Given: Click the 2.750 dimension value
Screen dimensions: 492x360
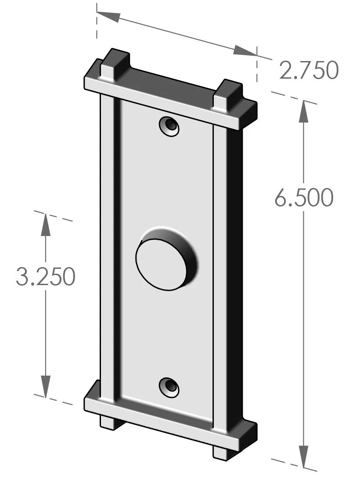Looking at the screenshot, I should pyautogui.click(x=309, y=71).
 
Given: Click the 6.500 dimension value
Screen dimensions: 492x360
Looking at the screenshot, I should pyautogui.click(x=304, y=198).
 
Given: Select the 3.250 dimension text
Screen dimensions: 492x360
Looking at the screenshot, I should pyautogui.click(x=45, y=277).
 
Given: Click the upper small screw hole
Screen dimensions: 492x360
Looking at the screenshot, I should pyautogui.click(x=169, y=126).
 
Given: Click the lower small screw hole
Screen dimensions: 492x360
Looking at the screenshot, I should pyautogui.click(x=169, y=387).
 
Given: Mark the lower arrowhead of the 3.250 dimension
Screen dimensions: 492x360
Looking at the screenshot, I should pyautogui.click(x=46, y=387).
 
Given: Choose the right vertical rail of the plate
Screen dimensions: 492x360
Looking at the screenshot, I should pyautogui.click(x=220, y=272).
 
